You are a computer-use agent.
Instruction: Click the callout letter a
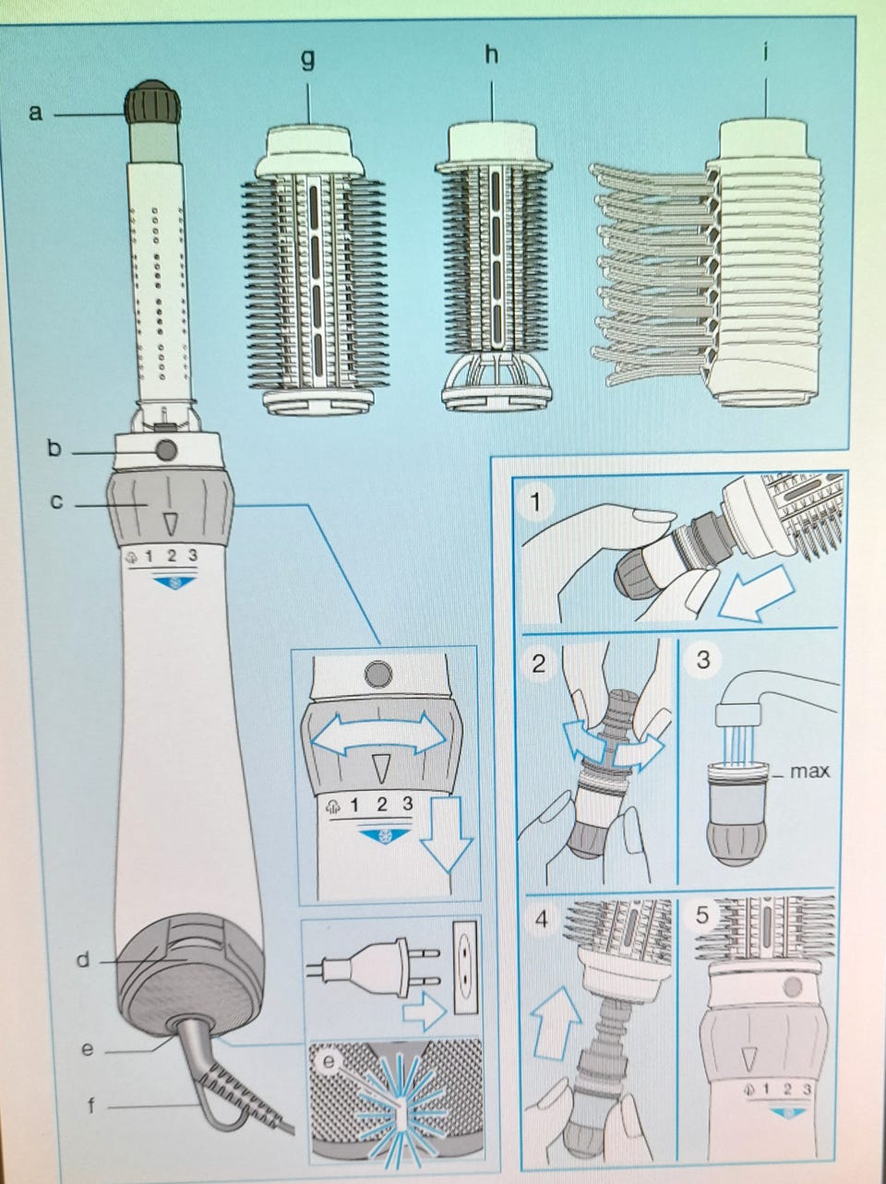pos(36,114)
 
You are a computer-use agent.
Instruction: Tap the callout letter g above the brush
pos(307,59)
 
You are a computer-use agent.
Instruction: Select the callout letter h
pos(492,55)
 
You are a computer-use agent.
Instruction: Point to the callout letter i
pos(767,52)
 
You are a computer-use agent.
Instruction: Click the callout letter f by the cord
pos(90,1106)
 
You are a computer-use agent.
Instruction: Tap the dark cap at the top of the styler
pos(153,102)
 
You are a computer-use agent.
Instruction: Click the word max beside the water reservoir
pos(809,771)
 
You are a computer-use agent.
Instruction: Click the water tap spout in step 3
pos(738,700)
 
